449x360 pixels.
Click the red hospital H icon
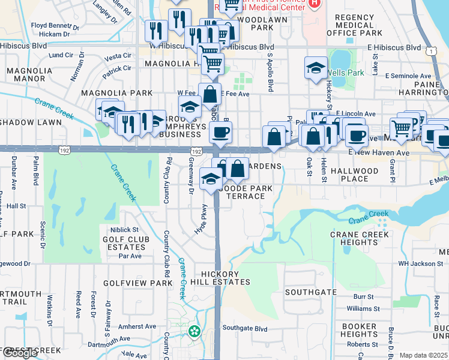click(x=314, y=4)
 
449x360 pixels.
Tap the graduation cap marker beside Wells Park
click(x=316, y=68)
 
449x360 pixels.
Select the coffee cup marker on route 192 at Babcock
click(x=220, y=132)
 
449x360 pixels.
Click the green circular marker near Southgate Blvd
click(x=194, y=331)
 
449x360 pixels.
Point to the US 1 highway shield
click(x=431, y=52)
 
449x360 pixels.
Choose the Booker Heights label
click(x=360, y=330)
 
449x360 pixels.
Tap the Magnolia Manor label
click(x=30, y=75)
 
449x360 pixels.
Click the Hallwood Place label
click(x=358, y=175)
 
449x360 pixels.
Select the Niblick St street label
click(x=124, y=230)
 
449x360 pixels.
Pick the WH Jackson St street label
click(x=420, y=263)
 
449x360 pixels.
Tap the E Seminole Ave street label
click(x=408, y=76)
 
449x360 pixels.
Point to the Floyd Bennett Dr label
click(x=55, y=26)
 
